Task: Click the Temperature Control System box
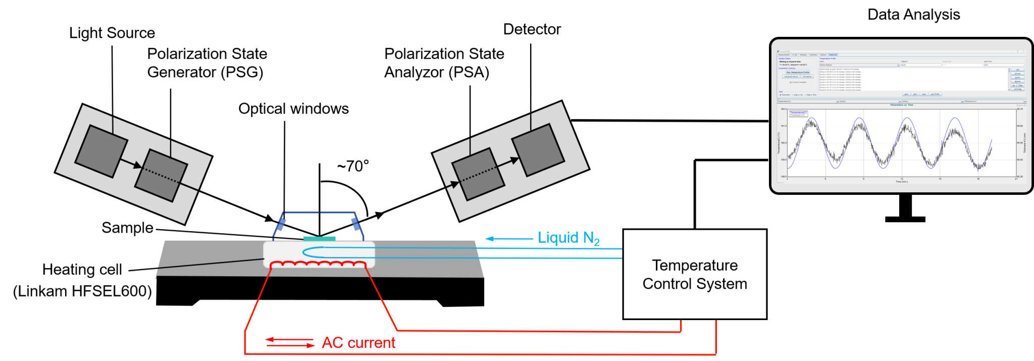click(695, 274)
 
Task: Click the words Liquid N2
click(568, 238)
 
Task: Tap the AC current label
click(358, 343)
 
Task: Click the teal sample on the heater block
click(319, 238)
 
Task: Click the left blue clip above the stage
click(280, 224)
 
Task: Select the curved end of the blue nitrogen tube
click(305, 252)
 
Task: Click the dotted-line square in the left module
click(161, 175)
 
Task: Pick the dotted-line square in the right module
click(478, 174)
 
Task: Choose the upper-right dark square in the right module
click(538, 150)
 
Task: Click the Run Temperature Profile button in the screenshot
click(798, 72)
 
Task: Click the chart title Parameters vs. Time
click(901, 105)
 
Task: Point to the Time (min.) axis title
click(901, 182)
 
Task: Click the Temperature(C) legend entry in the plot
click(798, 112)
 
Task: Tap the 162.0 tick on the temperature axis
click(783, 109)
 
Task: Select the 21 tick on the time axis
click(1016, 179)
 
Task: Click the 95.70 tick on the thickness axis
click(1020, 109)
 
